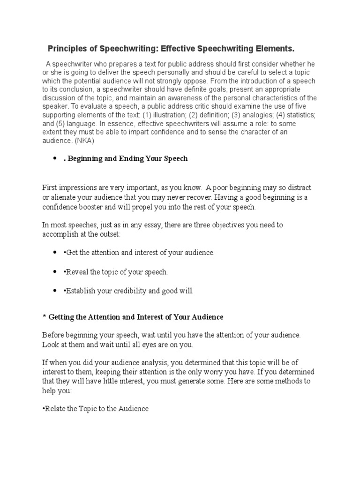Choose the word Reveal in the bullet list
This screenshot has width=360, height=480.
pyautogui.click(x=76, y=272)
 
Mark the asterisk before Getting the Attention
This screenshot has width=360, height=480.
pyautogui.click(x=44, y=317)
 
